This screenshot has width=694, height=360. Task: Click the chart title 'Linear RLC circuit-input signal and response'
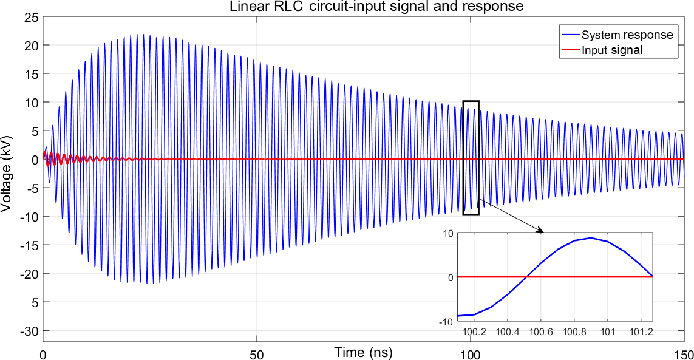(376, 7)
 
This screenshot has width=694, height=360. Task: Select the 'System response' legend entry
(627, 35)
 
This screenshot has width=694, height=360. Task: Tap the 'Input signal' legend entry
(611, 50)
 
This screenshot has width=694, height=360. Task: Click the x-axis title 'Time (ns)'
(363, 352)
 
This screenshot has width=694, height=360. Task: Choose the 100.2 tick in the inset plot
(473, 332)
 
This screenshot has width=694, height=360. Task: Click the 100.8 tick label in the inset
(574, 332)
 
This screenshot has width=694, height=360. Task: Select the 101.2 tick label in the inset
(641, 332)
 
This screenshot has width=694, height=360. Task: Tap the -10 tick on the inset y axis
(447, 321)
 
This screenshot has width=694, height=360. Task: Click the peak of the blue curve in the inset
(591, 237)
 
